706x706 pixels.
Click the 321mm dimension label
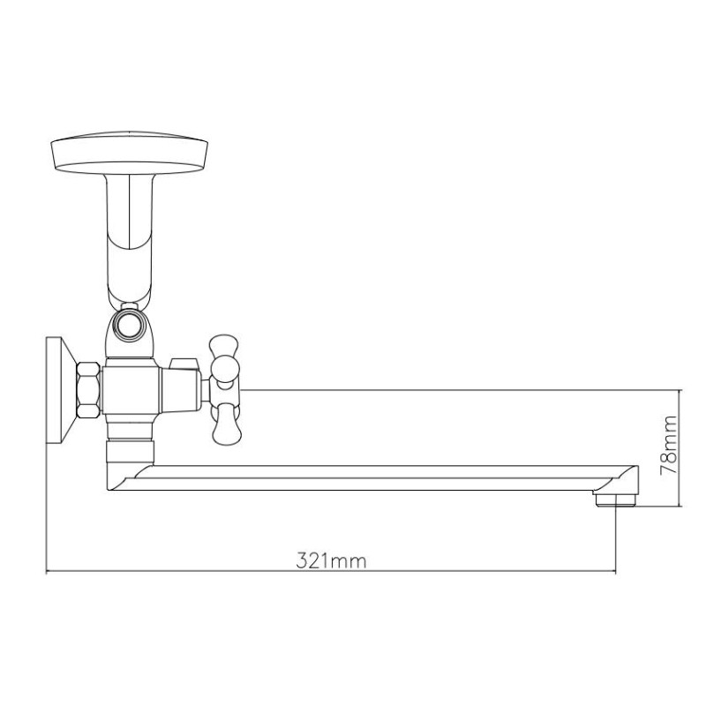pyautogui.click(x=332, y=561)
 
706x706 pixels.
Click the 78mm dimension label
pyautogui.click(x=668, y=446)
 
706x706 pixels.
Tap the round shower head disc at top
pyautogui.click(x=129, y=152)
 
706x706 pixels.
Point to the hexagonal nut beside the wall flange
pyautogui.click(x=88, y=390)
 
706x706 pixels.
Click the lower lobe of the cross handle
pyautogui.click(x=227, y=426)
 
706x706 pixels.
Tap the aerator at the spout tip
pyautogui.click(x=615, y=500)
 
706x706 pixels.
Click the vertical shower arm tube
pyautogui.click(x=129, y=238)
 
